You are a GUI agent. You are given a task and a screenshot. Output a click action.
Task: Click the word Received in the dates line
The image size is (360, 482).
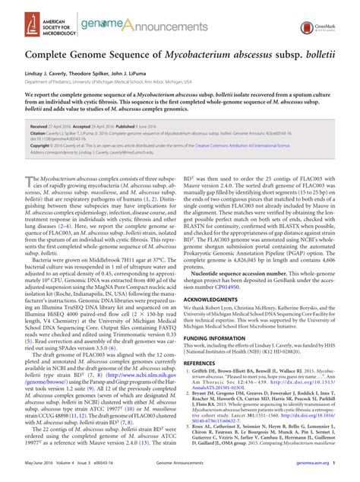click(38, 128)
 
